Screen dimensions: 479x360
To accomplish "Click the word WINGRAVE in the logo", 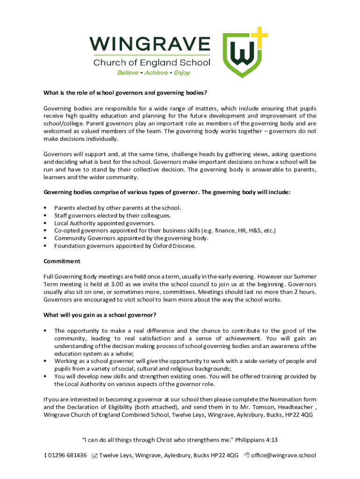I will click(150, 45).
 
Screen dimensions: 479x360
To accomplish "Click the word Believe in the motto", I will click(128, 73).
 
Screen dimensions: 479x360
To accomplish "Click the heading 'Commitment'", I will click(62, 261).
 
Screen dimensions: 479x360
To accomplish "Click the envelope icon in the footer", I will click(94, 456).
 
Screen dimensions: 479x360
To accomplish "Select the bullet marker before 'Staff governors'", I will click(45, 216).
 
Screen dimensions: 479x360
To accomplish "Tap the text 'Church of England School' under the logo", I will click(152, 63).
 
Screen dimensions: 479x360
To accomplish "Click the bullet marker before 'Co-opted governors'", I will click(45, 231).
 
